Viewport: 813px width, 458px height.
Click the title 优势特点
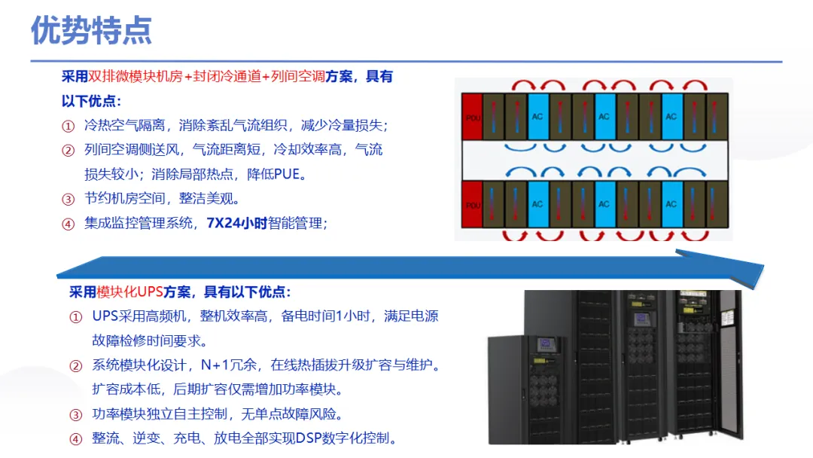(x=91, y=30)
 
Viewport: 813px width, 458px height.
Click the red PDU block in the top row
(x=472, y=117)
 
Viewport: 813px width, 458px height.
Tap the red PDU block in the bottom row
(x=472, y=204)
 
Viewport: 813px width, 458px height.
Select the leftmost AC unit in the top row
(x=537, y=117)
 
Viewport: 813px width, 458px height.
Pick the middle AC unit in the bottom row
(x=604, y=204)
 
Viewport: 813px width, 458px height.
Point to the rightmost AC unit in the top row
(x=672, y=117)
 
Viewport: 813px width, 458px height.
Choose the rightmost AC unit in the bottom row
(x=672, y=204)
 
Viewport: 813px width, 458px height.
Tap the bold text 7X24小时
(x=237, y=223)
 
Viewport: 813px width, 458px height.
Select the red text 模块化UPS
(x=129, y=292)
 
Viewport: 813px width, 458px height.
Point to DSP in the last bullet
(x=309, y=438)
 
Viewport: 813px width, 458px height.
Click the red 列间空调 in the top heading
(x=298, y=76)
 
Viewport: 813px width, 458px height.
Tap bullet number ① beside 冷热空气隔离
(x=69, y=126)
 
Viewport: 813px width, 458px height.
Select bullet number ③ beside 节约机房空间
(x=69, y=199)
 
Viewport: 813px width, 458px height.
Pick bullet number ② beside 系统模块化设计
(x=76, y=366)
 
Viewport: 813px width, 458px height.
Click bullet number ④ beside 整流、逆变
(x=76, y=439)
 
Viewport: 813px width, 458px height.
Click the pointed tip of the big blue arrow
(x=763, y=267)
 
